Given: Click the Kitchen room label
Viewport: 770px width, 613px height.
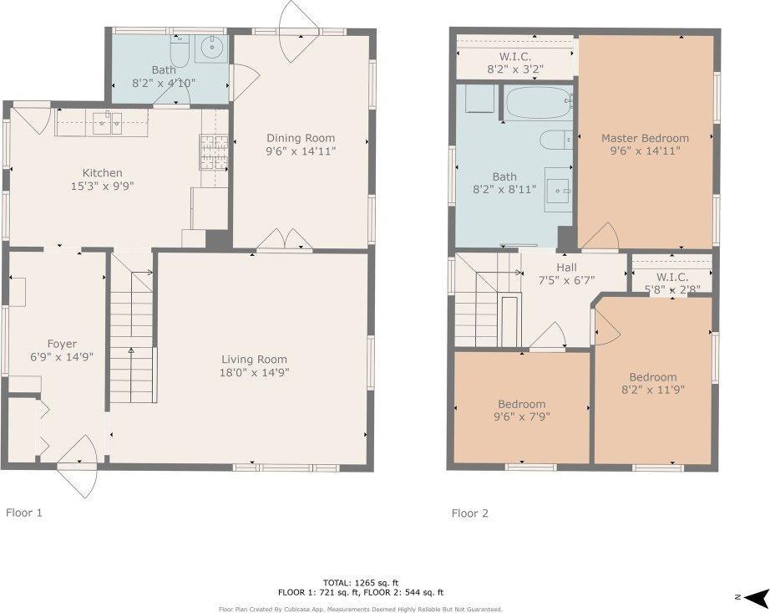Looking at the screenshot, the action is pyautogui.click(x=102, y=172).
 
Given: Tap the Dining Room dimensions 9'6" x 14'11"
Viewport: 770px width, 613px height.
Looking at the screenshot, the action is pyautogui.click(x=301, y=151).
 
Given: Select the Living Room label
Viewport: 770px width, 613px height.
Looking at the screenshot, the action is pyautogui.click(x=254, y=360).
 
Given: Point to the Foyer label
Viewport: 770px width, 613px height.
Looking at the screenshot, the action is pyautogui.click(x=62, y=344).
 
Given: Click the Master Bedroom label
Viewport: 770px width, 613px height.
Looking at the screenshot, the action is pyautogui.click(x=645, y=138).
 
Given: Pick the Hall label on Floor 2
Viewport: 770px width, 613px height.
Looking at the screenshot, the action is pyautogui.click(x=566, y=268).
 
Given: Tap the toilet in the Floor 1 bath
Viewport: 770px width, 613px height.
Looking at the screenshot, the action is pyautogui.click(x=180, y=51).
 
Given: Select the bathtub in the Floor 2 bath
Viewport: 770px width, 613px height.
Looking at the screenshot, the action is pyautogui.click(x=539, y=102).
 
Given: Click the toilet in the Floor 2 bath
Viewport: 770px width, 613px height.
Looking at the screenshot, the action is pyautogui.click(x=556, y=140).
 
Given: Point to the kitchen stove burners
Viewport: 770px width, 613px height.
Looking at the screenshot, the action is pyautogui.click(x=214, y=152).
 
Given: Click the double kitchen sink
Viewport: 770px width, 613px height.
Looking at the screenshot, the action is pyautogui.click(x=108, y=122).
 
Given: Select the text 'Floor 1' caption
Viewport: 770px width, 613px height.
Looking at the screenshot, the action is pyautogui.click(x=24, y=513).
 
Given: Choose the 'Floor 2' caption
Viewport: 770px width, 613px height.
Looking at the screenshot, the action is pyautogui.click(x=470, y=513).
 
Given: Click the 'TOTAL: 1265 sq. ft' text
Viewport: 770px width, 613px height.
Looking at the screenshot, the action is pyautogui.click(x=361, y=583).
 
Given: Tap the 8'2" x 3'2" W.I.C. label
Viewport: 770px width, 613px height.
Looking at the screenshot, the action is pyautogui.click(x=515, y=69).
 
